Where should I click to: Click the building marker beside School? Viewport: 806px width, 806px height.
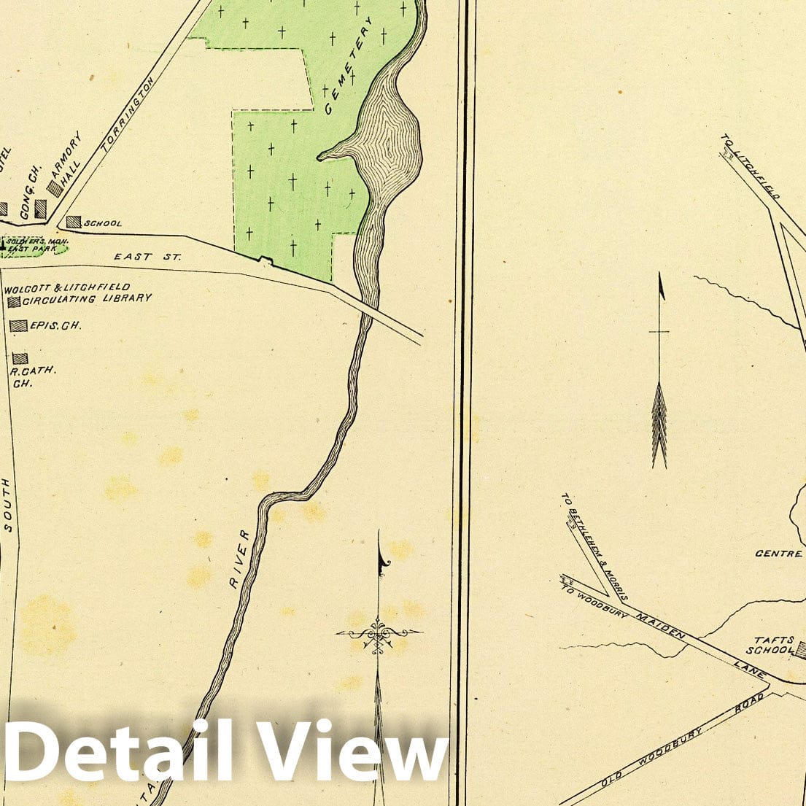(74, 222)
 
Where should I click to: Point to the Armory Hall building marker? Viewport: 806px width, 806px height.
(55, 187)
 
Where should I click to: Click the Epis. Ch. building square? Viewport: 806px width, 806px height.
(18, 326)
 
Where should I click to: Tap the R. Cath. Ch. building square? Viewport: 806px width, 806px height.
(20, 358)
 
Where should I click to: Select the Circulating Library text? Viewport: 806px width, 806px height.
(88, 298)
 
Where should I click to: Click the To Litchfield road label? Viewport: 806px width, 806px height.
(751, 167)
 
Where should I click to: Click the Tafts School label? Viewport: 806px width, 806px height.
(769, 645)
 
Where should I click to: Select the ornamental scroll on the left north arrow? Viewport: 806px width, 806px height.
(379, 632)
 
